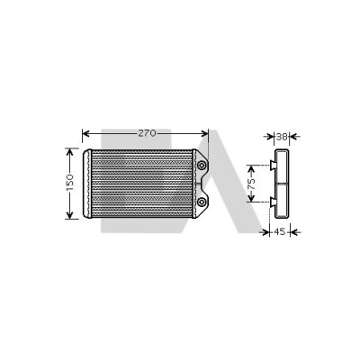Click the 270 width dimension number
pyautogui.click(x=148, y=133)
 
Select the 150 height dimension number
pyautogui.click(x=69, y=183)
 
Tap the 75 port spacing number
pyautogui.click(x=251, y=184)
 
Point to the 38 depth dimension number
pyautogui.click(x=282, y=137)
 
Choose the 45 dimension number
pyautogui.click(x=280, y=231)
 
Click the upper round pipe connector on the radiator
pyautogui.click(x=202, y=166)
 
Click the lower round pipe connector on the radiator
pyautogui.click(x=202, y=202)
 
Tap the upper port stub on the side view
pyautogui.click(x=273, y=165)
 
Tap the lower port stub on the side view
pyautogui.click(x=273, y=202)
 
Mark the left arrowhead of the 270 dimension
pyautogui.click(x=85, y=133)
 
